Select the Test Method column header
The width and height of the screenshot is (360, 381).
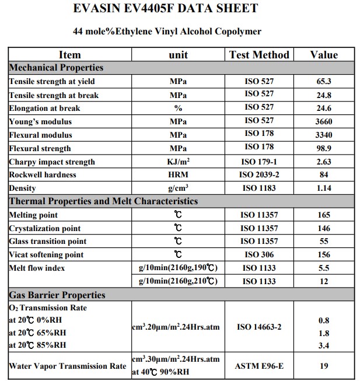[x=259, y=55]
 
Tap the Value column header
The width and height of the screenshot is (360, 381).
[x=324, y=55]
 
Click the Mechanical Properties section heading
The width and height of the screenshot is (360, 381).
[x=57, y=68]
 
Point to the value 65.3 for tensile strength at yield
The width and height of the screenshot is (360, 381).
[x=324, y=82]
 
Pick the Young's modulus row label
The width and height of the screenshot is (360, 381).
[x=41, y=121]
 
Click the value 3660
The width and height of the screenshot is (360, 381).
[x=324, y=121]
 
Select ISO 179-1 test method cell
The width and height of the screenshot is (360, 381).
[x=259, y=162]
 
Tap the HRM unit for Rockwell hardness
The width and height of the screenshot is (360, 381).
[x=178, y=175]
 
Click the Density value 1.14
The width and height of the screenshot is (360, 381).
[x=324, y=188]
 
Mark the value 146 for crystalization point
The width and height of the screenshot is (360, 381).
[x=324, y=229]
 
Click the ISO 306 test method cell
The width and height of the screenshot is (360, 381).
[x=259, y=254]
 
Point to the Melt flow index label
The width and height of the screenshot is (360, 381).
[x=37, y=268]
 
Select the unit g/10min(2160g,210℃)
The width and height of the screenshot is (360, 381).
[x=178, y=281]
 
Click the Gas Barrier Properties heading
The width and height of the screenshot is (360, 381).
[x=57, y=295]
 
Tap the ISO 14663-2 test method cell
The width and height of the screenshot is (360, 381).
[x=259, y=327]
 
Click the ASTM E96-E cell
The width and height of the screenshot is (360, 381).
[x=259, y=366]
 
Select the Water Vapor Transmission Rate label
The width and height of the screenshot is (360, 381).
[x=68, y=366]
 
